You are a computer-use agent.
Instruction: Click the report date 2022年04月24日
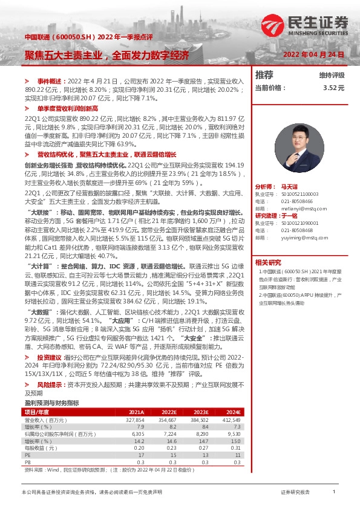click(313, 54)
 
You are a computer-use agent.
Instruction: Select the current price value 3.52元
click(333, 88)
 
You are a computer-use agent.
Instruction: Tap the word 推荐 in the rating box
click(264, 75)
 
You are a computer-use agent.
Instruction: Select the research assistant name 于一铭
click(289, 216)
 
